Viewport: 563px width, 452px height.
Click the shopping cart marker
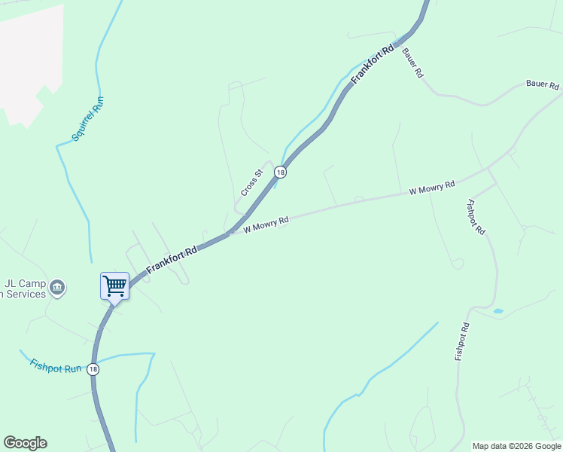[x=114, y=286]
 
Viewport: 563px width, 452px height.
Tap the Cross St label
[x=251, y=183]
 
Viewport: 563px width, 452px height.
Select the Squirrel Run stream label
[x=87, y=119]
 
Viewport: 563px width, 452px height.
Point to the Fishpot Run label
[x=55, y=367]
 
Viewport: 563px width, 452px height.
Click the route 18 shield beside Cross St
[x=280, y=173]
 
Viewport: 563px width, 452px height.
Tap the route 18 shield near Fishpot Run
[x=92, y=369]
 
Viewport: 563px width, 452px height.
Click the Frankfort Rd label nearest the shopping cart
[x=172, y=258]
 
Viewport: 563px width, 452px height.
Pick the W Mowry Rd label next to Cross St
[x=266, y=224]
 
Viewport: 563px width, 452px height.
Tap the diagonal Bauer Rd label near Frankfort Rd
[x=413, y=64]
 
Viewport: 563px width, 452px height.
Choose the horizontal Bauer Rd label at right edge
[x=543, y=85]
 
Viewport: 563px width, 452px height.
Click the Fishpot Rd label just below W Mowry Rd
[x=476, y=217]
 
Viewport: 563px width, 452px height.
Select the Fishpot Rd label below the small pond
[x=462, y=341]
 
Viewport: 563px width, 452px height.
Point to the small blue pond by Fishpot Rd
[x=498, y=310]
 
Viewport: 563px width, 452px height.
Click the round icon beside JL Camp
[x=58, y=287]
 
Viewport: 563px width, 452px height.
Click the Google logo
[x=25, y=443]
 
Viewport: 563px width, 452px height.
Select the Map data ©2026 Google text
[x=516, y=446]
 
